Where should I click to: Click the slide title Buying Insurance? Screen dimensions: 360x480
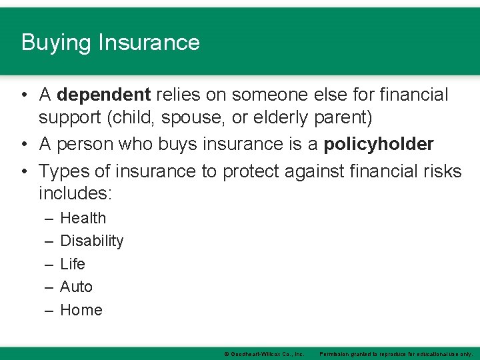(x=111, y=43)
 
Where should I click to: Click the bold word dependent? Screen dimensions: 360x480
(x=104, y=95)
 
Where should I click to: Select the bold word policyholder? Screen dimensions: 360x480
(x=378, y=144)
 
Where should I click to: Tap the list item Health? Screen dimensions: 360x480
(x=83, y=218)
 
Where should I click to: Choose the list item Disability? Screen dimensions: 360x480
(x=91, y=241)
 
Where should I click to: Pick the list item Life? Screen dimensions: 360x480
(x=73, y=264)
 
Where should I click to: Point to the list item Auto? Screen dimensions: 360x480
(x=76, y=287)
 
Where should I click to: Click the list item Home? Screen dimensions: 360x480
(x=81, y=310)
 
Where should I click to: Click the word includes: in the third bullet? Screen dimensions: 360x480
(x=76, y=193)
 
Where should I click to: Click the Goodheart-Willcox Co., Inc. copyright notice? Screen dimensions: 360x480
(x=264, y=354)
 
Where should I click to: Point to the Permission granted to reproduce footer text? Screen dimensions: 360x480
(x=396, y=354)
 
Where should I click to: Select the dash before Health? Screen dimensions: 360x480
(x=50, y=219)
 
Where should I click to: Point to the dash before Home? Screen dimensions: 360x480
(x=50, y=311)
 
